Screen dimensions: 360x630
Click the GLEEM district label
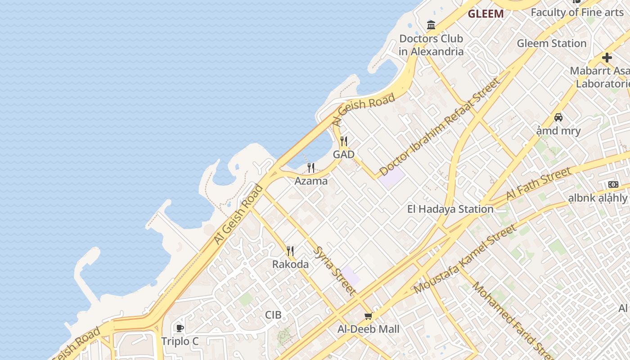coord(486,14)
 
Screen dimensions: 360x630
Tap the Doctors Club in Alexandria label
coord(431,45)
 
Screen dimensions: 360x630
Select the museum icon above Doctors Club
coord(431,25)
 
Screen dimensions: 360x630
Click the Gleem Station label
coord(551,44)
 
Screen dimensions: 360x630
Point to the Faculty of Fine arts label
coord(577,12)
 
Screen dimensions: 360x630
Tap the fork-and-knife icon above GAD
coord(344,141)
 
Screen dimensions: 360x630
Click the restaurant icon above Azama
coord(311,168)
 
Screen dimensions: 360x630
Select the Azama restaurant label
coord(311,181)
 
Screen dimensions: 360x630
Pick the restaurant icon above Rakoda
coord(290,251)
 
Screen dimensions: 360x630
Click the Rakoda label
coord(290,264)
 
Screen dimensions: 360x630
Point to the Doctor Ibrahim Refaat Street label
coord(440,127)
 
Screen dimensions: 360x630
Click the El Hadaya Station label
coord(450,209)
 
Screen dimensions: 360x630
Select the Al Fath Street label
coord(539,184)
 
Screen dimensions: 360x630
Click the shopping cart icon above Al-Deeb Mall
coord(368,316)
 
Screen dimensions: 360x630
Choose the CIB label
coord(273,315)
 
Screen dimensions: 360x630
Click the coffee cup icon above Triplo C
coord(180,328)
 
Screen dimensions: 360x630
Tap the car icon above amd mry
coord(558,117)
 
